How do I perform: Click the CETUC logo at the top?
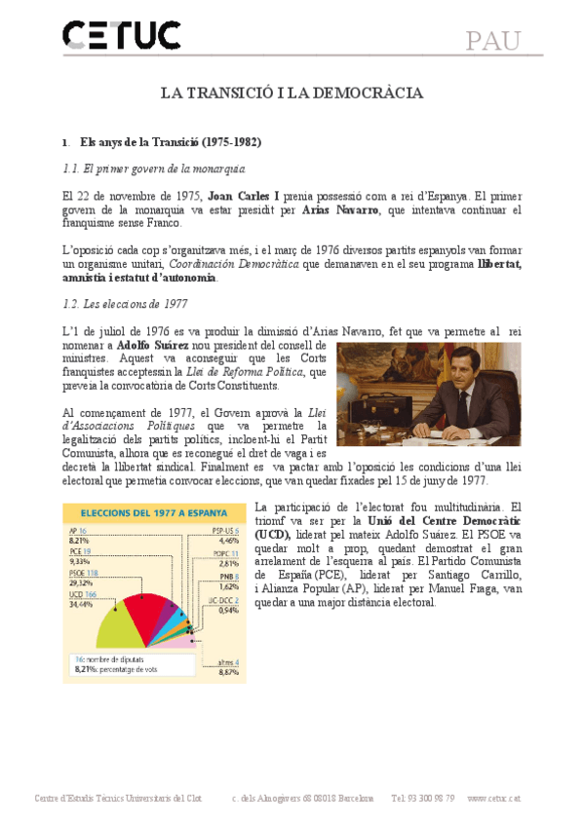(x=121, y=36)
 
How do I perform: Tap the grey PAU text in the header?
(x=492, y=41)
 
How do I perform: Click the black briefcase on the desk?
(x=378, y=413)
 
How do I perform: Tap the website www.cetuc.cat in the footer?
(x=493, y=798)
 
